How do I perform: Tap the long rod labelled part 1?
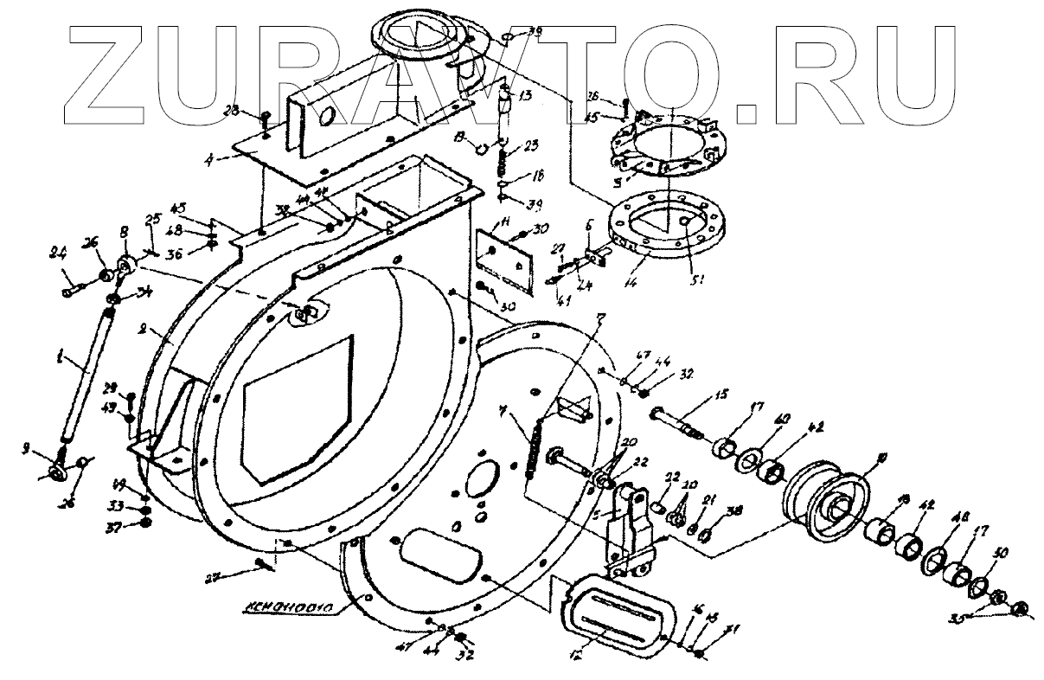pyautogui.click(x=89, y=373)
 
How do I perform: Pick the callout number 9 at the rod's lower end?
pyautogui.click(x=28, y=447)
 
